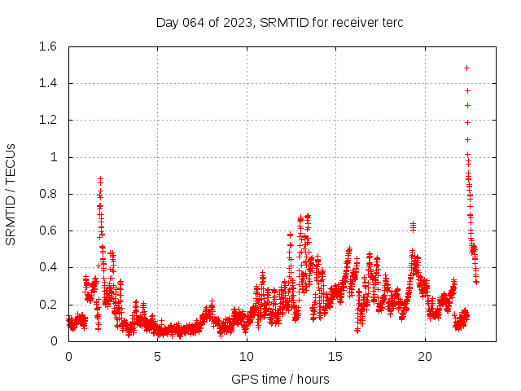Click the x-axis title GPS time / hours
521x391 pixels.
tap(280, 379)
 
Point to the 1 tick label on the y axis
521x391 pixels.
tap(54, 157)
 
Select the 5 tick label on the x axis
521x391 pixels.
tap(157, 357)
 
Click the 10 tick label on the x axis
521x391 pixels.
tap(247, 357)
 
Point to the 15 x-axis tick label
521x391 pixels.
tap(335, 357)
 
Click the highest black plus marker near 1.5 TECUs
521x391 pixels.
tap(466, 68)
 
